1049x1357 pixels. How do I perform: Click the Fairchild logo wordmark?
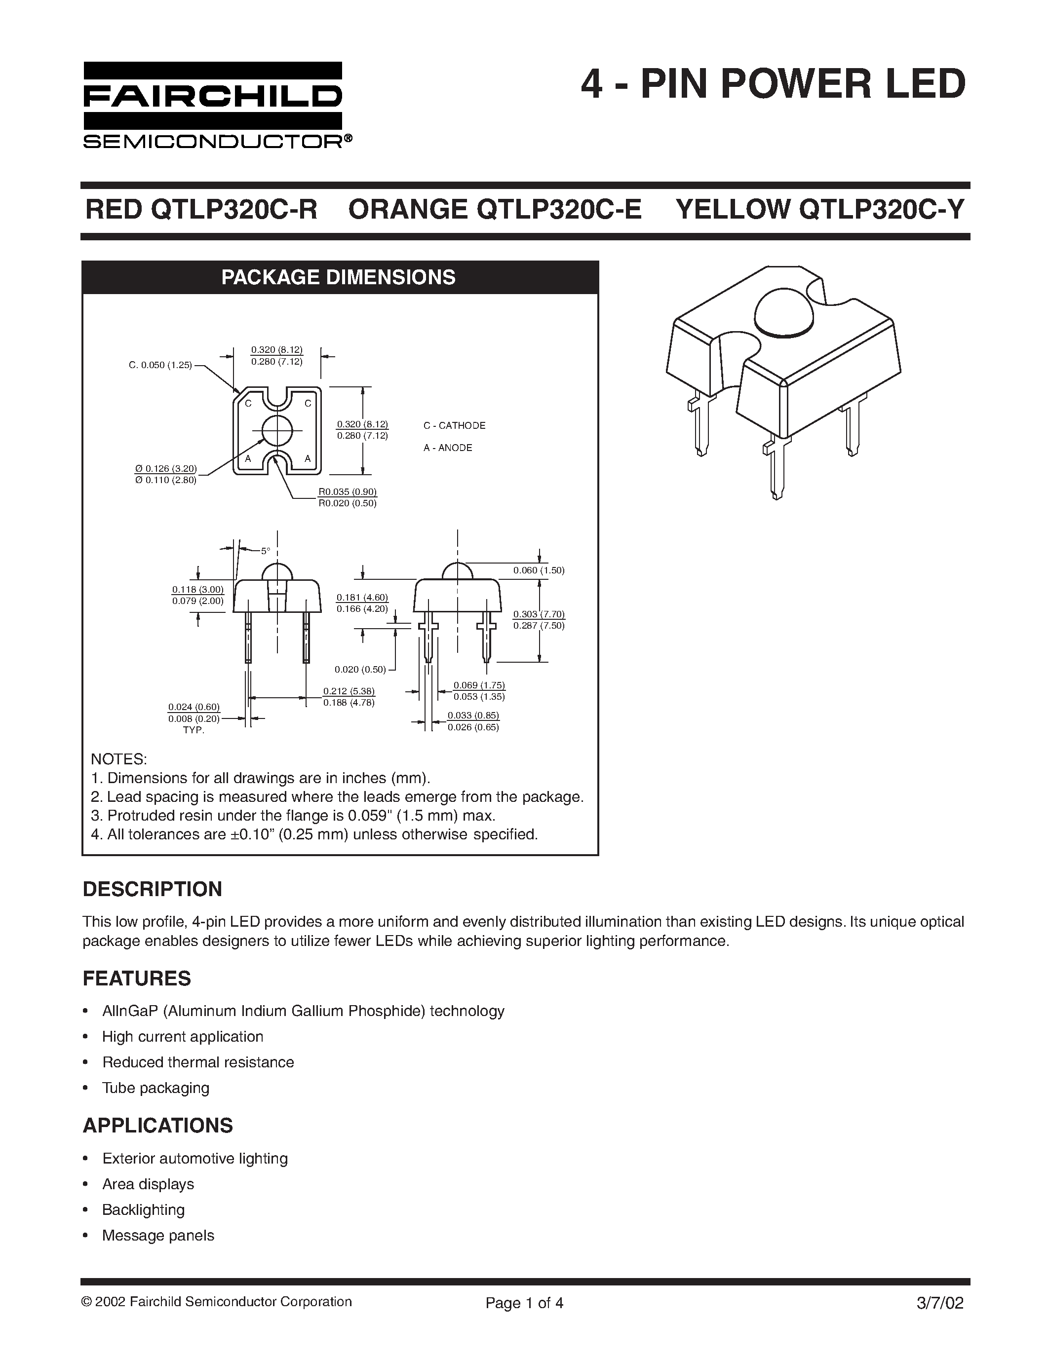coord(213,96)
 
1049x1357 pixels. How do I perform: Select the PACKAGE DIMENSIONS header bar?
coord(339,277)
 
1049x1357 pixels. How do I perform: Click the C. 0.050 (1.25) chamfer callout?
coord(160,365)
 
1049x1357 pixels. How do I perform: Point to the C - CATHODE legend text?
coord(454,426)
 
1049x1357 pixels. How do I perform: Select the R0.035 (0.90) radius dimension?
coord(348,492)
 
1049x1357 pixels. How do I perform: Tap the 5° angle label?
coord(266,551)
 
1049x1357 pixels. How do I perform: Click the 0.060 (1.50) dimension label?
coord(538,570)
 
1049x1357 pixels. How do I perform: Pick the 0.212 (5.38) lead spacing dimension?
coord(349,691)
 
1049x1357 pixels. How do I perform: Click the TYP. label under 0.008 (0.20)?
coord(194,730)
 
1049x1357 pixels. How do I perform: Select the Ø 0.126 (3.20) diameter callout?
coord(165,468)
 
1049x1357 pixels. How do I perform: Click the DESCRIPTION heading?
coord(152,889)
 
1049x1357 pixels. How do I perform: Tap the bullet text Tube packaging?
coord(155,1088)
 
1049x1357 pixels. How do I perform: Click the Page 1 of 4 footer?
coord(524,1302)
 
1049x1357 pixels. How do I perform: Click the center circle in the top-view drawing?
coord(277,430)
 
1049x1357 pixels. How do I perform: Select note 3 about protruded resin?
coord(293,815)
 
